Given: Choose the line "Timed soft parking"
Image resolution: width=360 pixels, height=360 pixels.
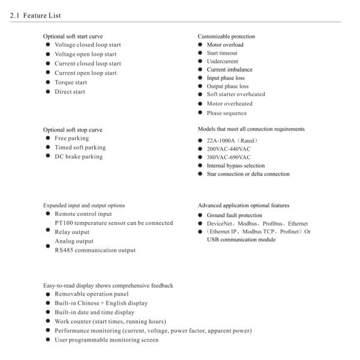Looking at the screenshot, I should coord(80,147).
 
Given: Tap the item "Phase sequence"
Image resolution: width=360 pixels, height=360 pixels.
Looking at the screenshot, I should coord(227,113).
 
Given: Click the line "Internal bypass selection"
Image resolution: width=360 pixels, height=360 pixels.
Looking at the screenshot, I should coord(235,166).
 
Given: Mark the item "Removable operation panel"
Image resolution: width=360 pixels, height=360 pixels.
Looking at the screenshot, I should coord(92,294).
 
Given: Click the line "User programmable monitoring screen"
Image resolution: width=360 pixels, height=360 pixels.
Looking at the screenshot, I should coord(107,340).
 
